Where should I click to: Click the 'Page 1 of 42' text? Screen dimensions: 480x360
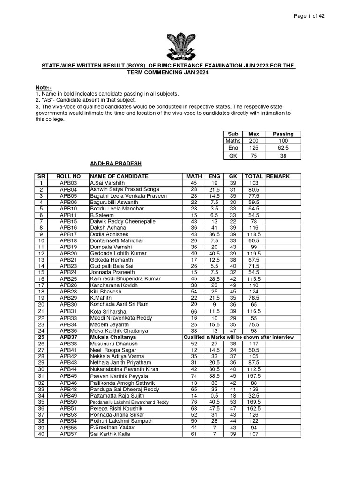309,15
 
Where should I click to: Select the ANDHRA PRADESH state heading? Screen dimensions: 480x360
115,164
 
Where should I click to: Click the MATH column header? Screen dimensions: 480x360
194,176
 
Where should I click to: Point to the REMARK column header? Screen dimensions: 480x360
278,176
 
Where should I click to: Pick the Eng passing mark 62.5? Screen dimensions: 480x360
283,148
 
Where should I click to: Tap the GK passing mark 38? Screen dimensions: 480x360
283,156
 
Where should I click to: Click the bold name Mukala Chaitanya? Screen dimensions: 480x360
113,337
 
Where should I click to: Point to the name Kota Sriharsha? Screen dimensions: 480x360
109,311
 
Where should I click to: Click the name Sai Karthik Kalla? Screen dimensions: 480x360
111,434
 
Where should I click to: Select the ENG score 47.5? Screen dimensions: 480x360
214,408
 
